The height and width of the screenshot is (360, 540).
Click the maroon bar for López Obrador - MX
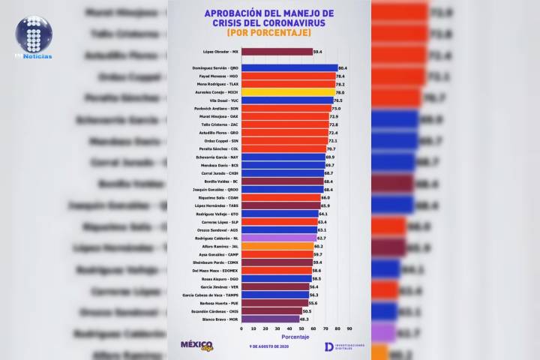click(277, 52)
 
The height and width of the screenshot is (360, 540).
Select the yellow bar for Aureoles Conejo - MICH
click(288, 92)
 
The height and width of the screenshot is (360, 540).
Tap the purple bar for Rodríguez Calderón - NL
click(278, 237)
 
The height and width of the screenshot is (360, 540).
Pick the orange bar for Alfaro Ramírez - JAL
click(277, 245)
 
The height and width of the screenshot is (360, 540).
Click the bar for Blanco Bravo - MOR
click(270, 319)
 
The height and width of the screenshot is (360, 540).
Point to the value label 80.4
click(343, 67)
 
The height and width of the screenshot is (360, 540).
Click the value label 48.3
click(304, 319)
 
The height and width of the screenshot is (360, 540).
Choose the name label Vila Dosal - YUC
click(223, 100)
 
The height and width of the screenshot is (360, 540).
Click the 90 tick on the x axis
click(349, 328)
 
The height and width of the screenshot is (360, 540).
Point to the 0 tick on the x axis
click(241, 328)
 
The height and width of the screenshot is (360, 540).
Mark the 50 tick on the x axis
click(301, 328)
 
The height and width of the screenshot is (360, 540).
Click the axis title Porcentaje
click(295, 337)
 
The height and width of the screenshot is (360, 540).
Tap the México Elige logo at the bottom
click(197, 344)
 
